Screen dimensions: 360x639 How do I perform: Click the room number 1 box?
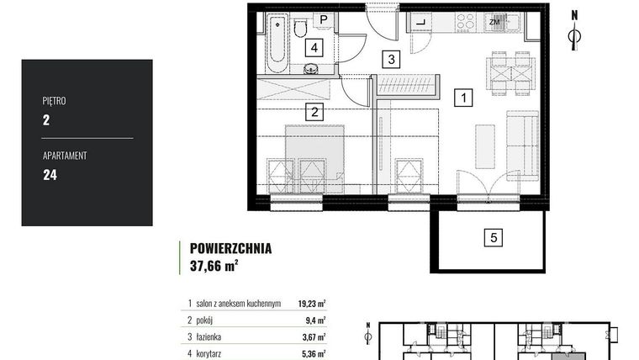click(462, 98)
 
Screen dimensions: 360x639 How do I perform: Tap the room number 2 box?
click(313, 110)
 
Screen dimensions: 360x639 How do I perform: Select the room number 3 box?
click(390, 59)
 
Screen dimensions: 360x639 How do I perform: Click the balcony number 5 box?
click(495, 237)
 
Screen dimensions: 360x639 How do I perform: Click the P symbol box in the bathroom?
click(323, 19)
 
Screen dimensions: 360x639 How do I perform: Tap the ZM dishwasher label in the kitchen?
click(494, 24)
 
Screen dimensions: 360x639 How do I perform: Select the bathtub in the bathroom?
click(276, 42)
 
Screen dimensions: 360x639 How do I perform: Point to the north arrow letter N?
click(574, 14)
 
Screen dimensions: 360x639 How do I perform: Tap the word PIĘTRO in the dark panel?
click(54, 101)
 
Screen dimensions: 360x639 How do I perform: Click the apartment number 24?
click(49, 175)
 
